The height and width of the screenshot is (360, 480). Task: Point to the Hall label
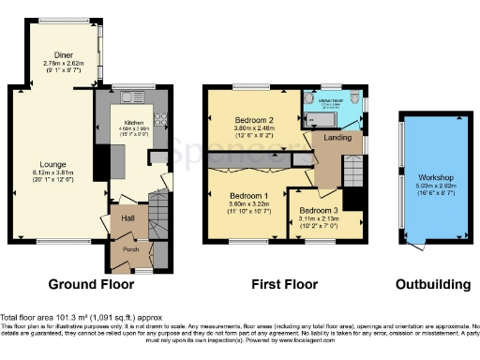(x=124, y=218)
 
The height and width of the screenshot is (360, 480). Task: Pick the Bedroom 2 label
(x=253, y=120)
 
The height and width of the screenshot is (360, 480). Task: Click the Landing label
(x=337, y=140)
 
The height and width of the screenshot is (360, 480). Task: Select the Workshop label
(x=436, y=177)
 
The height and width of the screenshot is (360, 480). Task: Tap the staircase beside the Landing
(x=352, y=172)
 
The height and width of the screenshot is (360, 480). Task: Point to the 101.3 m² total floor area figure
(x=65, y=316)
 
